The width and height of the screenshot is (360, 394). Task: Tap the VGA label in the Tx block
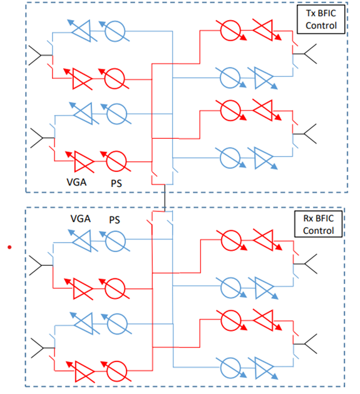[76, 182]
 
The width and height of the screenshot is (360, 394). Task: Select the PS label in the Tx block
[116, 183]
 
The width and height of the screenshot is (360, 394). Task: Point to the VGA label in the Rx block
[81, 219]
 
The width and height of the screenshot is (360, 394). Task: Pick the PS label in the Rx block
[115, 220]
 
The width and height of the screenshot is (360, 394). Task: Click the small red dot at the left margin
[9, 247]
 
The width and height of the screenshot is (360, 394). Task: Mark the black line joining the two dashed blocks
[165, 198]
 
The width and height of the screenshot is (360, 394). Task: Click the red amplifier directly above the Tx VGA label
[80, 161]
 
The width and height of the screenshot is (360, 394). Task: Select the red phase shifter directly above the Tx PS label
[116, 161]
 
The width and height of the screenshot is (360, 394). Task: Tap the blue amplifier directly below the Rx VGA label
[83, 241]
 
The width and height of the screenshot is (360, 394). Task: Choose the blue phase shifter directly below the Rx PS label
[115, 241]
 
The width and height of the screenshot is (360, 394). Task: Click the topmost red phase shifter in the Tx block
[230, 31]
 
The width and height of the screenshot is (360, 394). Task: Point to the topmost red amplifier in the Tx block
[266, 30]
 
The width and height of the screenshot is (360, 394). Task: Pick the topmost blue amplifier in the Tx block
[82, 31]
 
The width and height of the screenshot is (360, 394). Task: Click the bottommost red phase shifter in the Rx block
[116, 371]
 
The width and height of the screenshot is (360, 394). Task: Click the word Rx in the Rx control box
[308, 218]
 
